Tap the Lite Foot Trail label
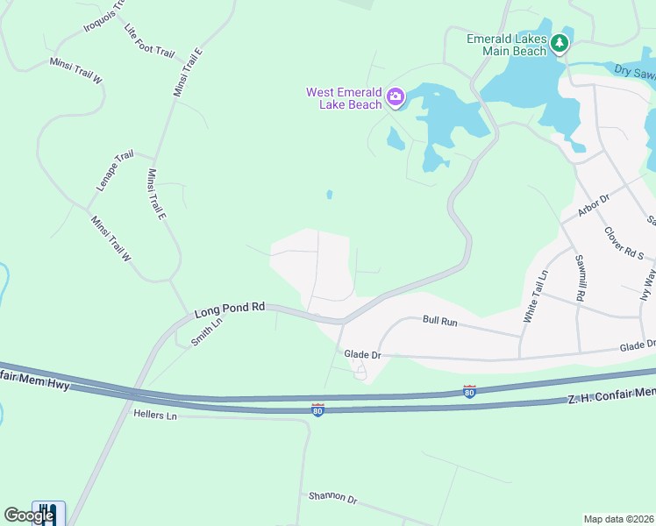pos(149,41)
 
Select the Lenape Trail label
pos(114,171)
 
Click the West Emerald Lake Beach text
pos(344,98)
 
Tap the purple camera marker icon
pos(396,96)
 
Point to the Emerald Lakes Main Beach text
pos(506,45)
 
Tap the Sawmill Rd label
pos(580,278)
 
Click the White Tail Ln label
pos(535,297)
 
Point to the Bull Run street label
pos(440,322)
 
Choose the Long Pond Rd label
pos(229,309)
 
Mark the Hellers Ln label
pos(154,415)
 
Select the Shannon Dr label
pos(332,498)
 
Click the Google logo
pos(29,515)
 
